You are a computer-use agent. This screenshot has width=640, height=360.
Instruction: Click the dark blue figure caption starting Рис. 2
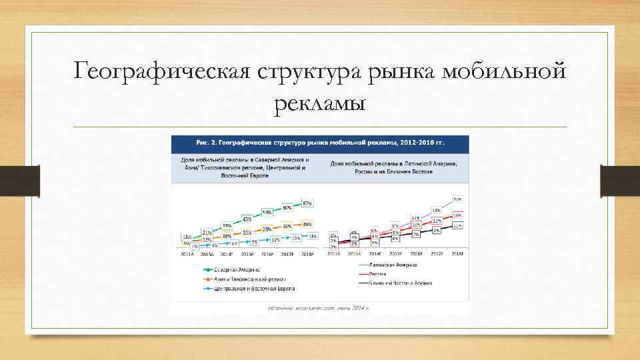[x=320, y=143]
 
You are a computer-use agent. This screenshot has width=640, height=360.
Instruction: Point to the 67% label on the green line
[x=307, y=203]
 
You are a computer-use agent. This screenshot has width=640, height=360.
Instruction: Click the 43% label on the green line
[x=247, y=219]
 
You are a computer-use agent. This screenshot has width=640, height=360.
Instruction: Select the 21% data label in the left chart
[x=207, y=231]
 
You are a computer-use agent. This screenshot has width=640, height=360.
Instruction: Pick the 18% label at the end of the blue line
[x=312, y=236]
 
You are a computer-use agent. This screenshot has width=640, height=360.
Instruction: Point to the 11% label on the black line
[x=457, y=226]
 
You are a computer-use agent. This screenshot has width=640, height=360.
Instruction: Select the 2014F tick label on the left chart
[x=227, y=254]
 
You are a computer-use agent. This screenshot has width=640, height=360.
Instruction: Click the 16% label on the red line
[x=457, y=215]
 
